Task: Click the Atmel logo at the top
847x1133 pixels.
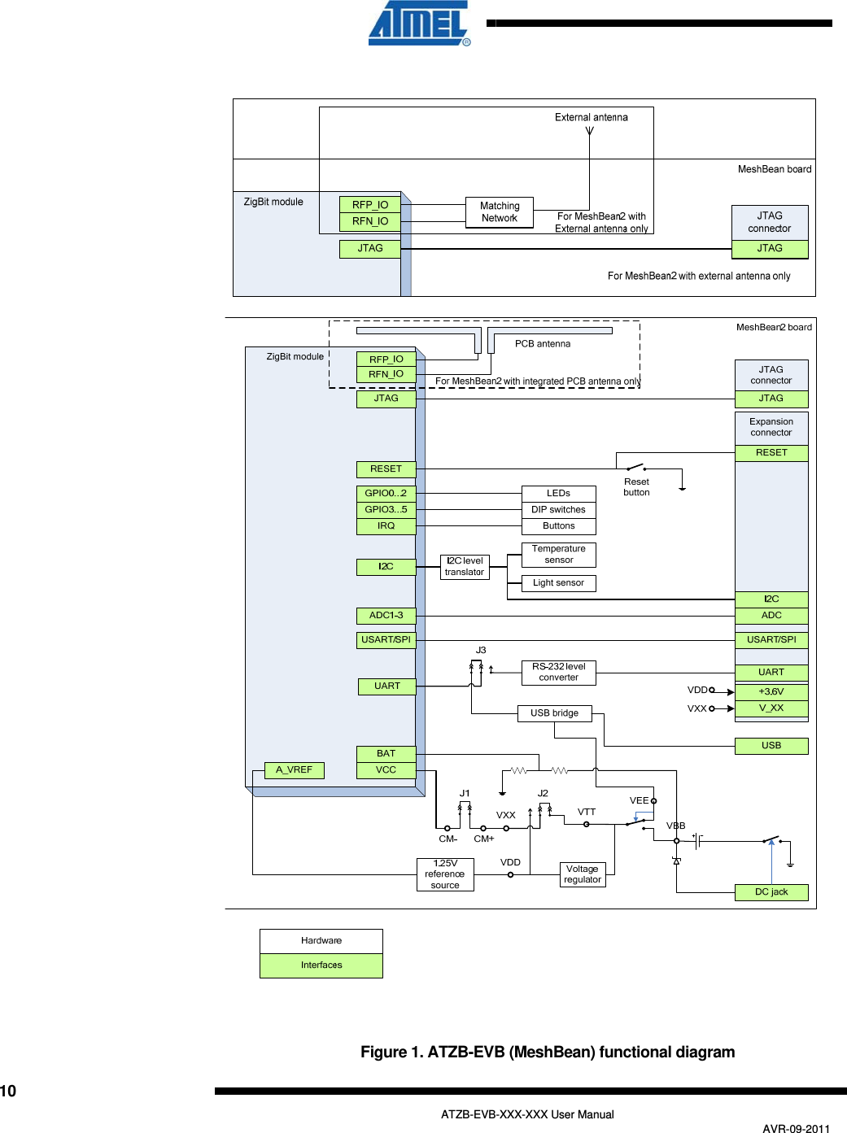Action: click(419, 24)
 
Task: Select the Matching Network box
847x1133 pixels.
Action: click(500, 212)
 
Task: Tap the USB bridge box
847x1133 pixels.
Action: click(555, 713)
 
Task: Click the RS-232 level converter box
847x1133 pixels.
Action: click(558, 672)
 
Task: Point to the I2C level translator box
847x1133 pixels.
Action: click(465, 567)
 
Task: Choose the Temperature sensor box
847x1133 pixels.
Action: click(558, 555)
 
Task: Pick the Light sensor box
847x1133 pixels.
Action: click(558, 583)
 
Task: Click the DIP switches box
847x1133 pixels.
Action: click(558, 510)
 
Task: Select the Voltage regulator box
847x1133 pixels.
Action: click(583, 874)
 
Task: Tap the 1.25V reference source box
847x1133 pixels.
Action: click(445, 874)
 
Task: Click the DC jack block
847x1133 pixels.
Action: click(771, 892)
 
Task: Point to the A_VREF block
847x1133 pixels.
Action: click(294, 770)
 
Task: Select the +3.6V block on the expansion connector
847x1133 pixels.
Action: click(771, 692)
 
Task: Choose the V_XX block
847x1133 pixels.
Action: click(771, 708)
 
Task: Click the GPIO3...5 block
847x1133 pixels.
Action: click(386, 510)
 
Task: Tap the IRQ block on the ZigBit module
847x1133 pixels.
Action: click(386, 526)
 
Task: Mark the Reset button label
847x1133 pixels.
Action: click(636, 487)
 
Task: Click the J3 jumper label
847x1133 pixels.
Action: click(481, 651)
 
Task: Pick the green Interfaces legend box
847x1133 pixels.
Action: click(321, 965)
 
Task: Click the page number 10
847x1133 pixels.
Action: click(8, 1092)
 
